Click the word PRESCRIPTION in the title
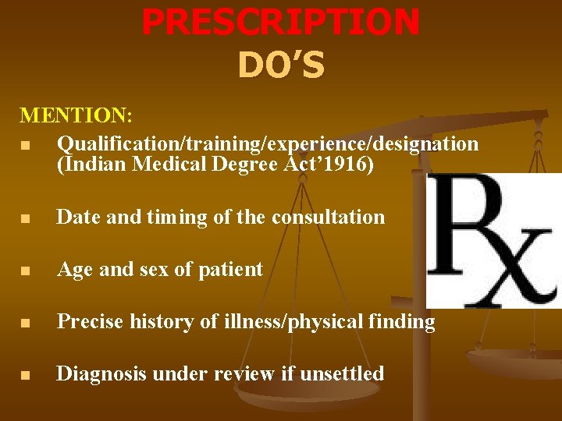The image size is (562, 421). pos(281,22)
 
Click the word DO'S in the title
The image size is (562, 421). pos(281,66)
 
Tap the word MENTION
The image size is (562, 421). pos(75,115)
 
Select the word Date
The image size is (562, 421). pos(78,217)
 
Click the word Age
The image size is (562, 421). pos(75,270)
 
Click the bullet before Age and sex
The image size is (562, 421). pos(27,271)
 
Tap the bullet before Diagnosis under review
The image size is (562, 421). pos(27,375)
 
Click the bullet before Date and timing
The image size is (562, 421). pos(27,218)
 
